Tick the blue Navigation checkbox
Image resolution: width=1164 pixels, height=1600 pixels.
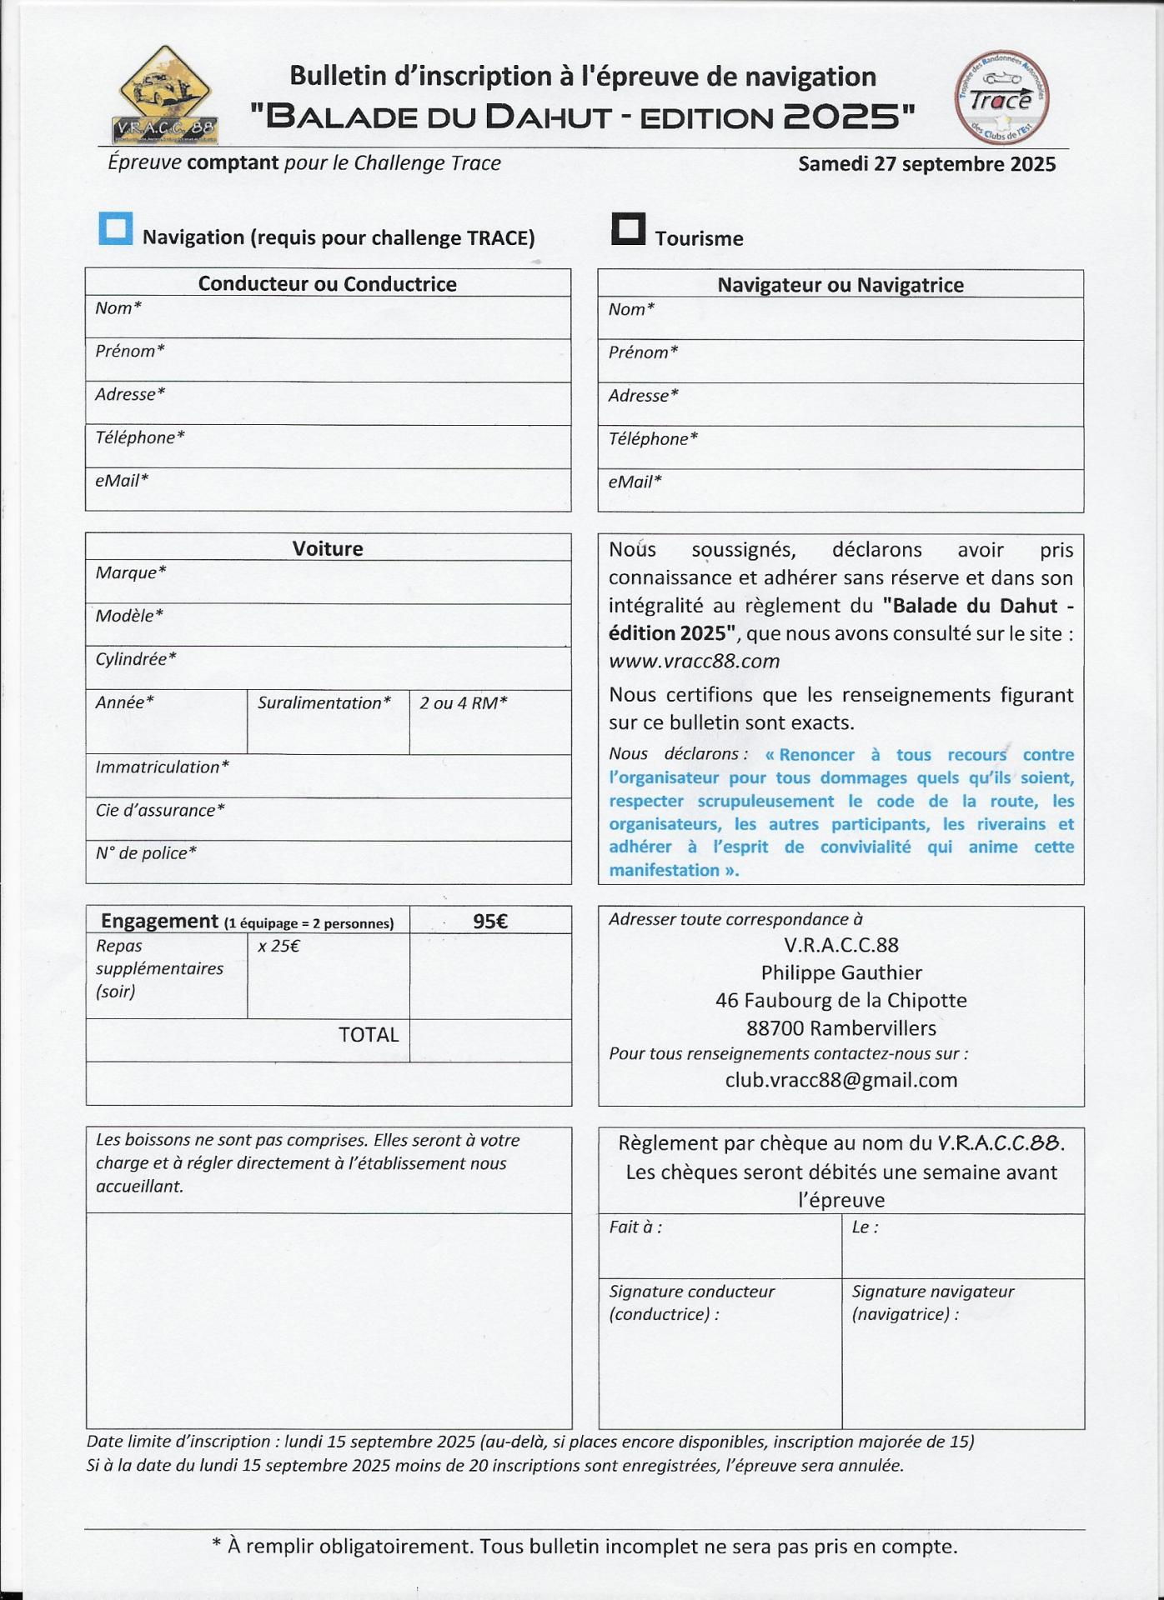(115, 228)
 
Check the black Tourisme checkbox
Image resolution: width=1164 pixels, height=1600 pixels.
(628, 228)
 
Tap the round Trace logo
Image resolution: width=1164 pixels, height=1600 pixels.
(1001, 98)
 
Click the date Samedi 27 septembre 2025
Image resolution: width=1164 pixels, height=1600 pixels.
(926, 164)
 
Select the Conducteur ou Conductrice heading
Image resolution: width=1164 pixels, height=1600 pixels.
(327, 284)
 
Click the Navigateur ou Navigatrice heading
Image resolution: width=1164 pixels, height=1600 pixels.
(840, 285)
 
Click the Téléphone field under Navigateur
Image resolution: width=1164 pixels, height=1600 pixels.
(840, 448)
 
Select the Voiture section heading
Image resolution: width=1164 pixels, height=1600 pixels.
(327, 548)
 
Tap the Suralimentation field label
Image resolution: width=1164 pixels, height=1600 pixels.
(324, 703)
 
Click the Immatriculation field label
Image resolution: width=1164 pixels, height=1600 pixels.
(162, 767)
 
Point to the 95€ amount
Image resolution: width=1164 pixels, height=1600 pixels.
(489, 921)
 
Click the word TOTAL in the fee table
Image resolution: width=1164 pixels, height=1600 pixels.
(368, 1035)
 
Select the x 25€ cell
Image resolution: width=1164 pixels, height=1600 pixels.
(278, 947)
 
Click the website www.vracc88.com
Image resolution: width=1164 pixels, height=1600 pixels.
(694, 662)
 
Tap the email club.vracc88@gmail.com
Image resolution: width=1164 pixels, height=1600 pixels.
(840, 1081)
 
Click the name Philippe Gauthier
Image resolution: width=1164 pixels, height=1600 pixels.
(840, 973)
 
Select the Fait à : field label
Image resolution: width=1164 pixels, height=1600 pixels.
(635, 1227)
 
